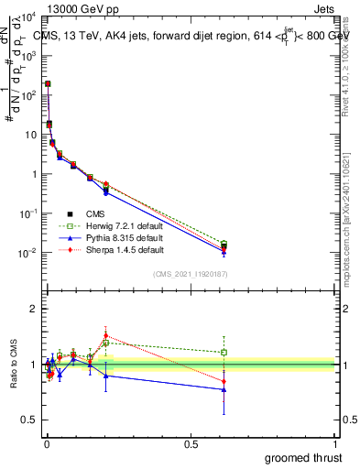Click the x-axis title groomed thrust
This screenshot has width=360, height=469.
[303, 456]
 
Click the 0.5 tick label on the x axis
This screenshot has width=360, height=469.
[191, 443]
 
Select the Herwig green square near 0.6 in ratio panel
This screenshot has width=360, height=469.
[224, 352]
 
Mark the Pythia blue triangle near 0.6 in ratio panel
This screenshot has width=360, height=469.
[224, 389]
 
